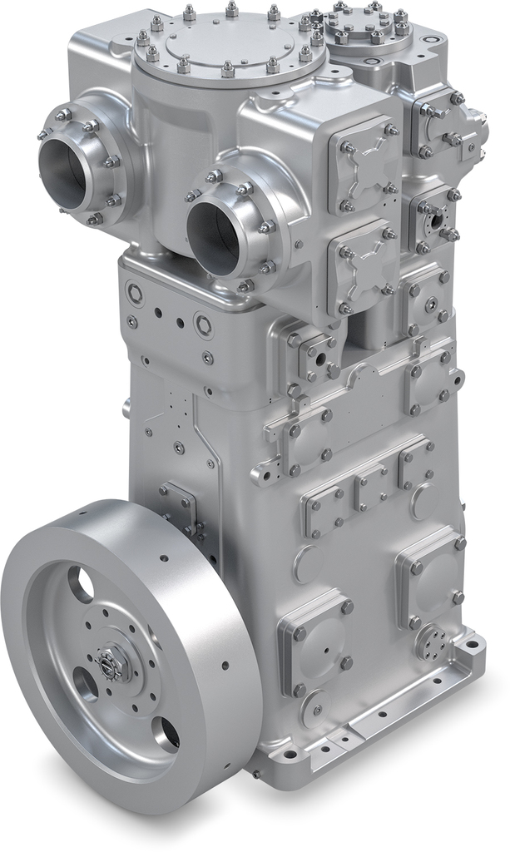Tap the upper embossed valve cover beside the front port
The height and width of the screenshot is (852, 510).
361,166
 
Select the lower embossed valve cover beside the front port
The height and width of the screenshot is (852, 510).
361,265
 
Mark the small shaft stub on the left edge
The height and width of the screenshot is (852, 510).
126,409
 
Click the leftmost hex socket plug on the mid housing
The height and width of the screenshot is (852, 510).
134,293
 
